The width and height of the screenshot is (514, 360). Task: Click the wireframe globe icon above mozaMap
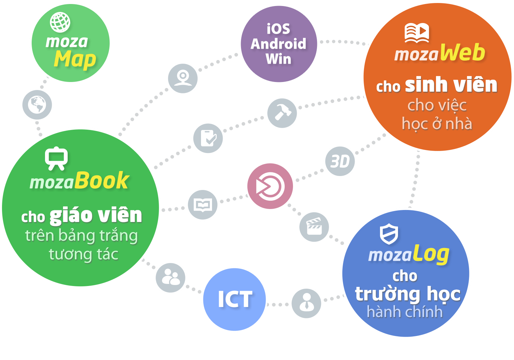pos(60,22)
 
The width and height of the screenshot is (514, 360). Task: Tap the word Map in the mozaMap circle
pos(75,60)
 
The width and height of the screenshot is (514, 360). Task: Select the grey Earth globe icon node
pos(37,105)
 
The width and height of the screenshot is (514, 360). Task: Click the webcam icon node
pos(183,78)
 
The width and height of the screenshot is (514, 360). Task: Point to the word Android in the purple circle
pos(278,44)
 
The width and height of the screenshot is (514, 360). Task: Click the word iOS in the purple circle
pos(278,29)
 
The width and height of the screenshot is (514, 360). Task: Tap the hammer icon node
pos(282,113)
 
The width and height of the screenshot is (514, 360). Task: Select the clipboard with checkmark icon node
pos(208,138)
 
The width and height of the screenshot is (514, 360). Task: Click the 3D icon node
pos(340,161)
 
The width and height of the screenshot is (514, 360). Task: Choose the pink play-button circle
pos(270,186)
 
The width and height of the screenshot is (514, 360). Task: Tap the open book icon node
pos(203,205)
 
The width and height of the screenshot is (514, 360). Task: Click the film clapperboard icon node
pos(314,227)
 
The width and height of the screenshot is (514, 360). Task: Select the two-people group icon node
pos(171,278)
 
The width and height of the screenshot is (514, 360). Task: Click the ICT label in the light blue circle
pos(235,299)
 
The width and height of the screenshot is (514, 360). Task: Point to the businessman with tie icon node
pos(306,303)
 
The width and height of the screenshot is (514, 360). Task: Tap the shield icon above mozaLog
pos(389,234)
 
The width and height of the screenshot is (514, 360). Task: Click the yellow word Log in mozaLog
pos(431,254)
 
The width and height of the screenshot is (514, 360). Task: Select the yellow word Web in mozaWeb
pos(462,53)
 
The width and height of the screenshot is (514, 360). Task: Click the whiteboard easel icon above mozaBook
pos(56,158)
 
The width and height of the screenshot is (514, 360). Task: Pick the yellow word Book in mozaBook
pos(102,181)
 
